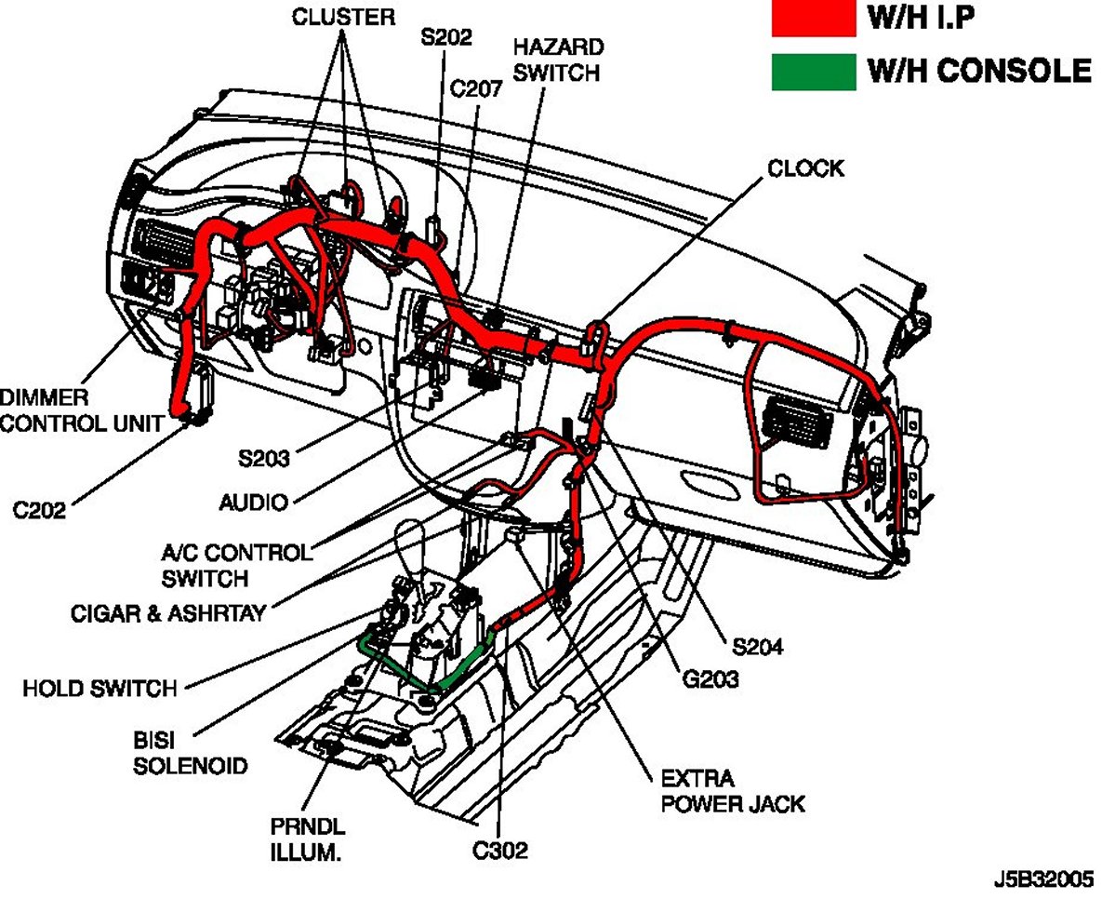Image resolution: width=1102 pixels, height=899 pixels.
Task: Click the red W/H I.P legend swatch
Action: tap(813, 19)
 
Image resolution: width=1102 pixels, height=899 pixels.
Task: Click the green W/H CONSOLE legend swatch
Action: tap(813, 72)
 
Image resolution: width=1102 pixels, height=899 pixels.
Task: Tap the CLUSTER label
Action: tap(344, 17)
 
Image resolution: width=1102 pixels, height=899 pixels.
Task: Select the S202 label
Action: tap(446, 38)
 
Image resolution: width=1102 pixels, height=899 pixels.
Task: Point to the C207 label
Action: tap(476, 89)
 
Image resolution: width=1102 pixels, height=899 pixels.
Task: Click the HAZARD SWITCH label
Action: tap(557, 59)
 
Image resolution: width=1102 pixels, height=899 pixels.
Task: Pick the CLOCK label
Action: tap(804, 168)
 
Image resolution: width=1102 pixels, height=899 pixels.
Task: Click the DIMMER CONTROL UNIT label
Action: tap(81, 410)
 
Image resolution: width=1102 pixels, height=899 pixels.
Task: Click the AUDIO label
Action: tap(253, 503)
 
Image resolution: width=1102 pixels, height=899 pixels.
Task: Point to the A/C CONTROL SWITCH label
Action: tap(235, 565)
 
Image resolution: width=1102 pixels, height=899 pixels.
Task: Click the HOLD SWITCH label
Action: tap(100, 689)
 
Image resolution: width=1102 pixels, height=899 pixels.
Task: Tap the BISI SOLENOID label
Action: tap(190, 755)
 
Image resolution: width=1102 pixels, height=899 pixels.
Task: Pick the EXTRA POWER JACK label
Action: tap(733, 790)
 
